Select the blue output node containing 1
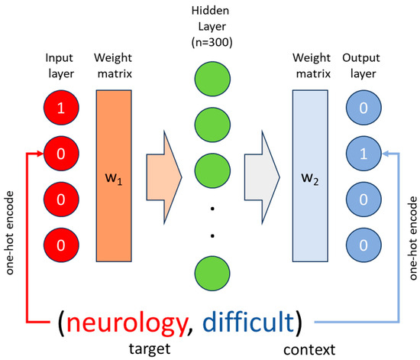[363, 153]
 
